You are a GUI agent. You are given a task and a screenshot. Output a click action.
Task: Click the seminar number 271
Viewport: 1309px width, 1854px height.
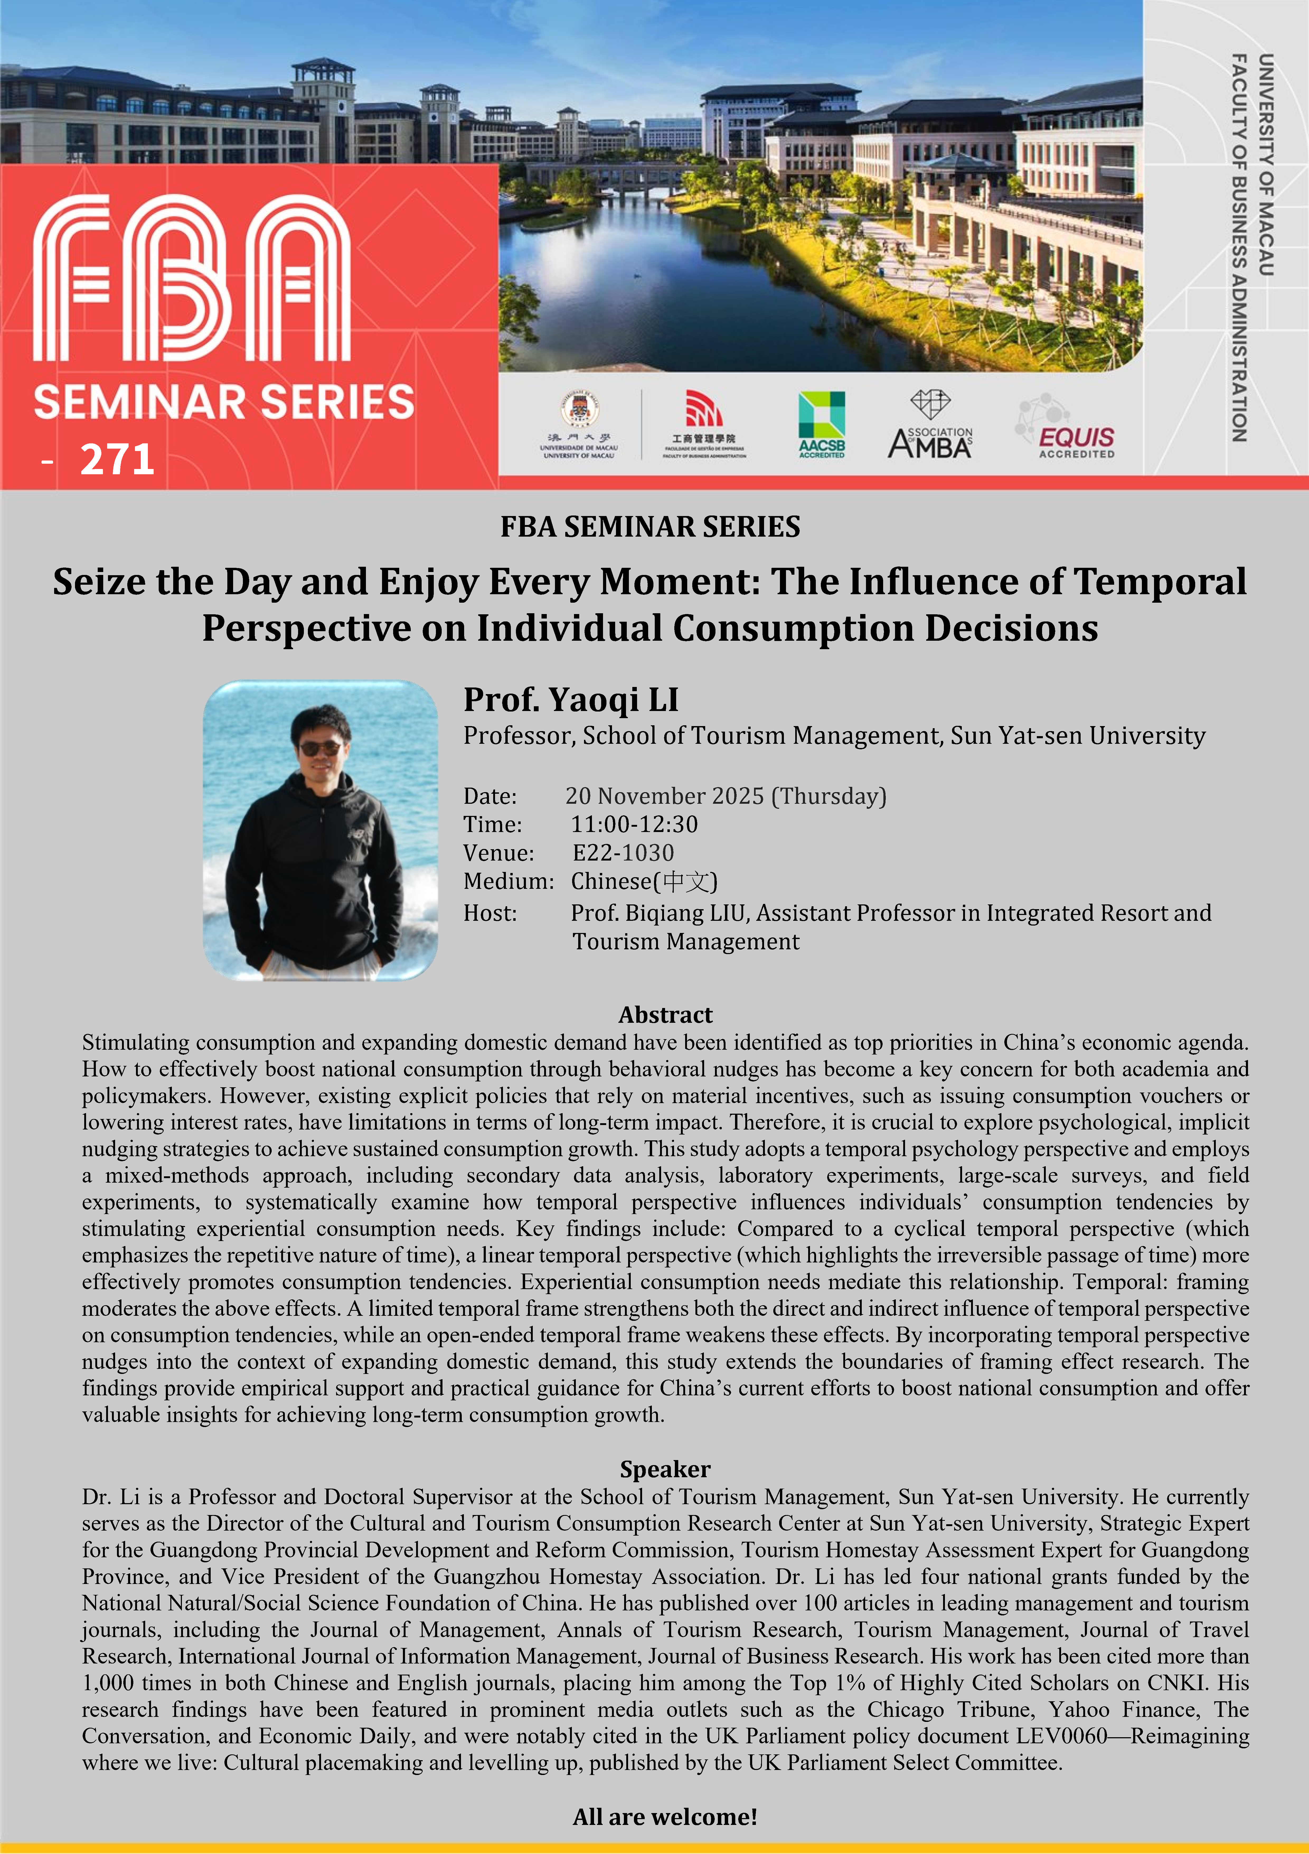pyautogui.click(x=117, y=459)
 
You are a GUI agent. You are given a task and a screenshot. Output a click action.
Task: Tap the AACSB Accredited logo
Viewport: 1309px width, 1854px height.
pyautogui.click(x=822, y=424)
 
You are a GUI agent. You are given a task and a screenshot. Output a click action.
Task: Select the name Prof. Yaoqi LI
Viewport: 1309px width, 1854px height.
pyautogui.click(x=571, y=699)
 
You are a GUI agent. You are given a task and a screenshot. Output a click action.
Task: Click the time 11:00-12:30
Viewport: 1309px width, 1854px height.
pyautogui.click(x=634, y=824)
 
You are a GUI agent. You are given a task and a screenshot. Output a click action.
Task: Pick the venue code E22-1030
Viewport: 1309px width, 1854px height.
pyautogui.click(x=623, y=853)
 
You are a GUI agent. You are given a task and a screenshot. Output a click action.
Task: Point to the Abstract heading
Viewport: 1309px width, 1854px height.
pyautogui.click(x=666, y=1014)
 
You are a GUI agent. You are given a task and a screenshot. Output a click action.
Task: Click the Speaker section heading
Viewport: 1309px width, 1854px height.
pyautogui.click(x=665, y=1469)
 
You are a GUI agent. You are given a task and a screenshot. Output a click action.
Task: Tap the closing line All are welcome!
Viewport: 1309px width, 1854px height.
pyautogui.click(x=665, y=1817)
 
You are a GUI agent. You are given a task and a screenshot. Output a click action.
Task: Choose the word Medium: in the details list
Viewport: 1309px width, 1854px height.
pyautogui.click(x=508, y=881)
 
